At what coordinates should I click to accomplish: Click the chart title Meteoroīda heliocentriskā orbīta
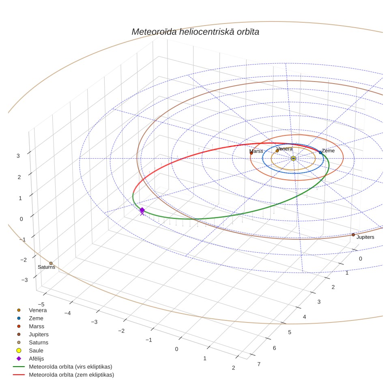pos(195,32)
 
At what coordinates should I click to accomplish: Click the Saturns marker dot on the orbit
pos(51,263)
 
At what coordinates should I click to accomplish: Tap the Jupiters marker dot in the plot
pos(353,235)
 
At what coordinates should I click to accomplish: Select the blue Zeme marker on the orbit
pos(320,153)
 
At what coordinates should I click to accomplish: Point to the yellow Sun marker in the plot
pos(293,158)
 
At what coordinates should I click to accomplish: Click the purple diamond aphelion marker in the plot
pos(142,210)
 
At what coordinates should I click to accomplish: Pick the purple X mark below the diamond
pos(142,214)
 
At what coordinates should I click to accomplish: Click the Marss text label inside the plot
pos(256,151)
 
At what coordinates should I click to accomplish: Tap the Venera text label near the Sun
pos(284,149)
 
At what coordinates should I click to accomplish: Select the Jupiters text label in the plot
pos(365,237)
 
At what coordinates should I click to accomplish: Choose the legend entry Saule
pos(36,350)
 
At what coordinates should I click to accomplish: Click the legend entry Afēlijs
pos(36,359)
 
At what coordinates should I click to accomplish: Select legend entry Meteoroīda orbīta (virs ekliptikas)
pos(70,367)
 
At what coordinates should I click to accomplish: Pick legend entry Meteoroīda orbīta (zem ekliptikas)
pos(71,375)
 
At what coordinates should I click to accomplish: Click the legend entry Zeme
pos(36,318)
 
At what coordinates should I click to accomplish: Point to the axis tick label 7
pos(259,364)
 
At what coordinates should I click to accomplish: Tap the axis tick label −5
pos(41,305)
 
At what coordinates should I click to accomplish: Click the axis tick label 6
pos(274,348)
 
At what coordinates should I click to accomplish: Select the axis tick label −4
pos(67,313)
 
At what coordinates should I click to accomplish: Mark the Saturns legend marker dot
pos(19,342)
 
